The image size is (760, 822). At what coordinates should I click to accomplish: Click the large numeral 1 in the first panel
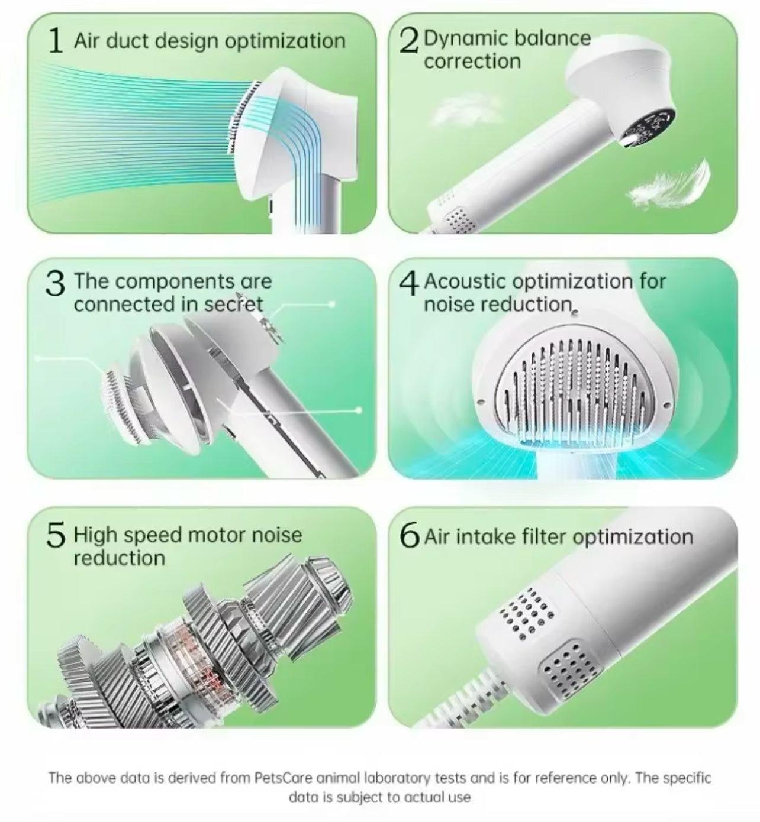coord(55,41)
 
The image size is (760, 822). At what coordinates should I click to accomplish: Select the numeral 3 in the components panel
coord(55,284)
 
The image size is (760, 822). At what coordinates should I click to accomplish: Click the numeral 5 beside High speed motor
coord(55,536)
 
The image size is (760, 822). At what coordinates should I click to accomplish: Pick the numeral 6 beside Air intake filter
coord(410,536)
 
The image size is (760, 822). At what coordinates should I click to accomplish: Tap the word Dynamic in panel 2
coord(463,38)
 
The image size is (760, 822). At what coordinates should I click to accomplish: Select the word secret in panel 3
coord(233,304)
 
